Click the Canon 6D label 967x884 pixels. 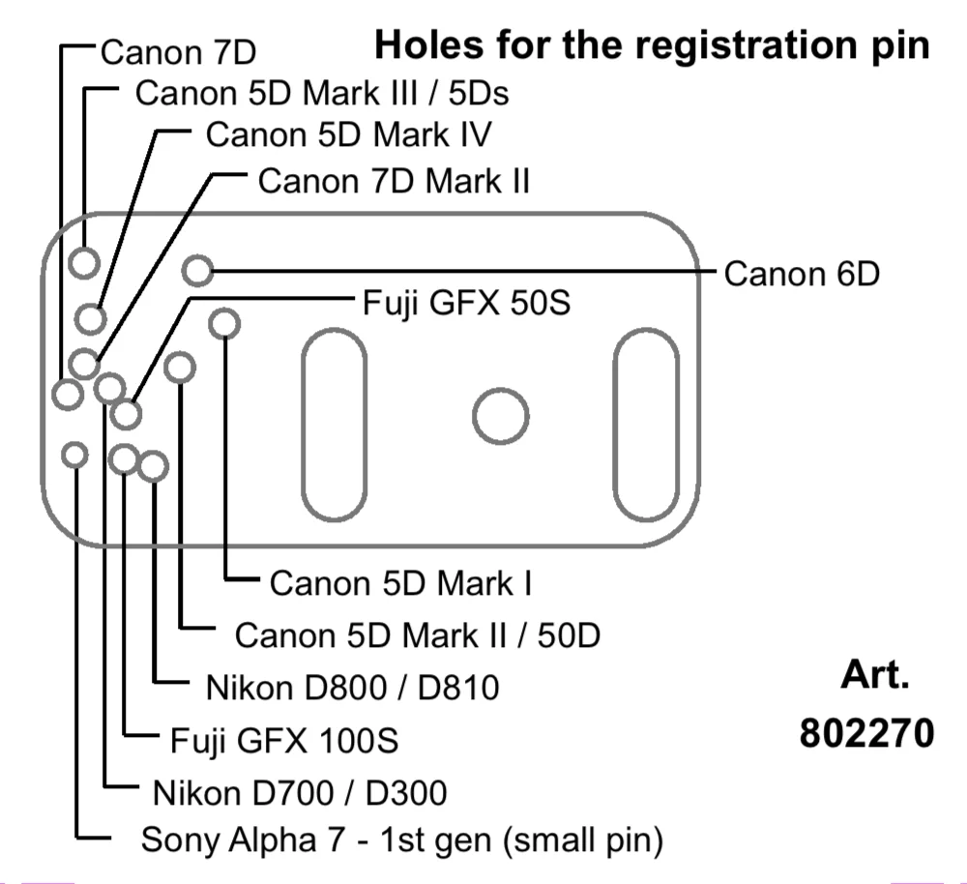pos(802,274)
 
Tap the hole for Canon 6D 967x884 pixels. pos(197,271)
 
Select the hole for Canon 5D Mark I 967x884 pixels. pos(224,323)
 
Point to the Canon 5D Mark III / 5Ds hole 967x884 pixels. pos(85,262)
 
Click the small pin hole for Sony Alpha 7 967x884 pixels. pos(74,454)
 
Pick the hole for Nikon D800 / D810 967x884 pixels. pos(153,467)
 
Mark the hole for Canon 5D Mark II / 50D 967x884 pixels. pos(180,368)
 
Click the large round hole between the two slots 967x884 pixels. pos(500,417)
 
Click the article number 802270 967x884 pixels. pos(866,733)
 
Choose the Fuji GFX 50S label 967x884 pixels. pos(466,303)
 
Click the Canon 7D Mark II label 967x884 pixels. pos(394,181)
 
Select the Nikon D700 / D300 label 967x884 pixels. pos(300,793)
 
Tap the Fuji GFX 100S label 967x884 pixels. pos(284,741)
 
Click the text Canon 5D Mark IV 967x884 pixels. pos(348,134)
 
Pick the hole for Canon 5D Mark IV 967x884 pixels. pos(92,317)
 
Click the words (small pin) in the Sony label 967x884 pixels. pos(583,840)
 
